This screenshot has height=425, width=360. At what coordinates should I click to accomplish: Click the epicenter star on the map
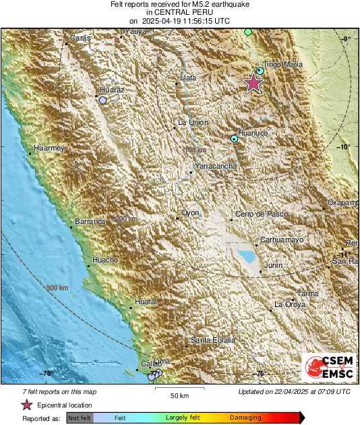253,82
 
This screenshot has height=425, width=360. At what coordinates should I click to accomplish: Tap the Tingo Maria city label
282,65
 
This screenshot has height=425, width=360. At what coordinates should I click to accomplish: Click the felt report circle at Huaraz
103,100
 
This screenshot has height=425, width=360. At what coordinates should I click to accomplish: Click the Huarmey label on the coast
49,147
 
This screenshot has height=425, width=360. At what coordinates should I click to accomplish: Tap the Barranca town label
90,221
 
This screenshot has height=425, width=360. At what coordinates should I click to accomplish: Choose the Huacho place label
104,260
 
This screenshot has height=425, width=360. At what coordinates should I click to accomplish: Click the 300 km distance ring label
58,288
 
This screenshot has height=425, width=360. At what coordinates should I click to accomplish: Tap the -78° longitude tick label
46,373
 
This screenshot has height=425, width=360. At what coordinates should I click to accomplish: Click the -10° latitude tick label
345,147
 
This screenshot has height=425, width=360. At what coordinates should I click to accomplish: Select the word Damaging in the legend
241,418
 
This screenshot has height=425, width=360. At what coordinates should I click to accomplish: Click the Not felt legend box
79,418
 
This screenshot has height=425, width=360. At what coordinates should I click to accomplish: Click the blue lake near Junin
245,257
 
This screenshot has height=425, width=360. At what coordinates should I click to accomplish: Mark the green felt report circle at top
248,32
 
